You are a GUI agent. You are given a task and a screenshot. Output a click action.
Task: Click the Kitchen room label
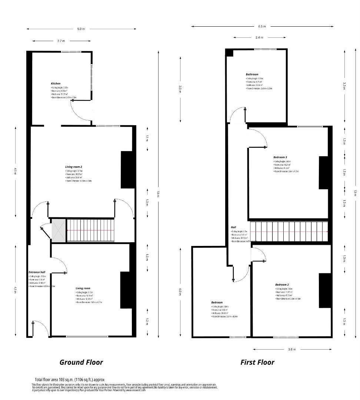(x=56, y=84)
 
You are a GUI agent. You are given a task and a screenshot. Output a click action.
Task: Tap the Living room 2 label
(x=73, y=167)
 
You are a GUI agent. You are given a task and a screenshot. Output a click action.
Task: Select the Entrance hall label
(x=37, y=272)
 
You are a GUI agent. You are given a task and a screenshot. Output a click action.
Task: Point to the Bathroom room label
(x=252, y=74)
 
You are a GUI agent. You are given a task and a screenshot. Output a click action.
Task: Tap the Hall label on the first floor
(x=233, y=227)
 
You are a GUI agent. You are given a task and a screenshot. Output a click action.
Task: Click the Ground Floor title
(x=81, y=362)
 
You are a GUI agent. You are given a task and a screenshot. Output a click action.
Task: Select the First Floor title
(x=257, y=362)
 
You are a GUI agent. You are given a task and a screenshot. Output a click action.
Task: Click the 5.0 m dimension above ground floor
(x=81, y=29)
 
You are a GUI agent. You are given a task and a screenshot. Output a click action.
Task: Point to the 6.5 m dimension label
(x=262, y=26)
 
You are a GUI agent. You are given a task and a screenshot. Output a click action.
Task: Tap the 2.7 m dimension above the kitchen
(x=61, y=41)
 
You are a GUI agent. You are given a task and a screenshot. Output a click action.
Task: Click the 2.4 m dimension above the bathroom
(x=259, y=37)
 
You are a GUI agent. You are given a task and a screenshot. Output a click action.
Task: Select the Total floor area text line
(x=70, y=380)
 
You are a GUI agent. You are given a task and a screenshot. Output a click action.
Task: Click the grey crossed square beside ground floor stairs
(x=58, y=230)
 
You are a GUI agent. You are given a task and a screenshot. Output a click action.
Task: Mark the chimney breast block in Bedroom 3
(x=324, y=173)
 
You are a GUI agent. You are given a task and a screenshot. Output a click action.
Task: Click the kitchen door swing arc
(x=76, y=107)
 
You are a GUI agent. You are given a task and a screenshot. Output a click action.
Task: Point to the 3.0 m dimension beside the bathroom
(x=180, y=89)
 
